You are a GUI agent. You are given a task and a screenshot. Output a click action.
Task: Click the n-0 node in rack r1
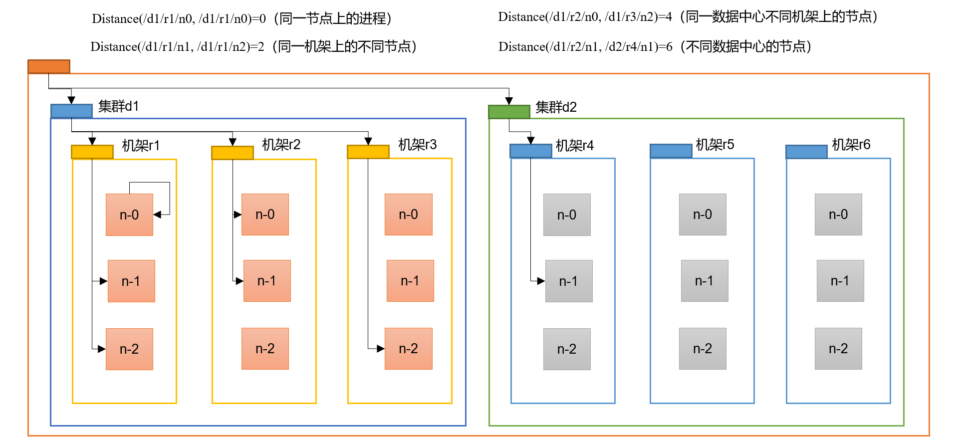pos(129,215)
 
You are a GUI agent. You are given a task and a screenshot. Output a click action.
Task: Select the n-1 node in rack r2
pos(267,281)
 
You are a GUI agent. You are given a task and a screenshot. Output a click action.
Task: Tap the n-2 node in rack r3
pos(408,349)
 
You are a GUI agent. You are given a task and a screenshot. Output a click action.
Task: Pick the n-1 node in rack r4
pos(569,281)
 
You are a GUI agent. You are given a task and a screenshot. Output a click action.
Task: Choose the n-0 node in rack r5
pos(703,215)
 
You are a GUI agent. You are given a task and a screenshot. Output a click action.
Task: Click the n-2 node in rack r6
pos(838,349)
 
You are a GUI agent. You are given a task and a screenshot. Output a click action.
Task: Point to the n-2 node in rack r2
pos(265,349)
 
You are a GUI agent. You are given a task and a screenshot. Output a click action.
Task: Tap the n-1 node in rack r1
pos(131,281)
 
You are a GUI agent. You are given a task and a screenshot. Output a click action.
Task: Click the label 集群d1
pos(118,106)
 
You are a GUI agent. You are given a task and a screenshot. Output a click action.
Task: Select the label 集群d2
pos(556,107)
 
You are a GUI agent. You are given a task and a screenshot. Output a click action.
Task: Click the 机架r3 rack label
pos(417,145)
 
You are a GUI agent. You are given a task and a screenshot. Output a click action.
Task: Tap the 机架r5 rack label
pos(715,145)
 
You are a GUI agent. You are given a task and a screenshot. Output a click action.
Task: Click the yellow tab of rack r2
pos(233,153)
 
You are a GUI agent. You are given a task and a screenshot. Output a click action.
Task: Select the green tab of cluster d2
pos(509,112)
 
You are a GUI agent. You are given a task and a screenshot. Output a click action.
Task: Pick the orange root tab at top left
pos(49,66)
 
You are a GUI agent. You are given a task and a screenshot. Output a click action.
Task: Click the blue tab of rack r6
pos(807,152)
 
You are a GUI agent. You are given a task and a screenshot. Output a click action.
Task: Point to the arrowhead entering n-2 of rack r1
pos(102,349)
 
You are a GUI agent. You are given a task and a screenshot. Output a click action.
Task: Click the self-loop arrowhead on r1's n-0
pos(157,215)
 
